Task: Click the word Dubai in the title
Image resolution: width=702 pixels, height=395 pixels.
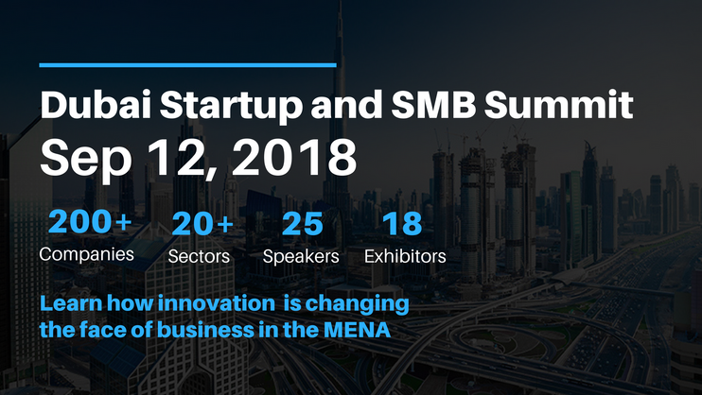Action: pos(96,104)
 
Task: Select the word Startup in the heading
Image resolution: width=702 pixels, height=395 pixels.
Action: pos(231,108)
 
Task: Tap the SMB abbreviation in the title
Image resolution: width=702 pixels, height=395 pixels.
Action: pos(433,104)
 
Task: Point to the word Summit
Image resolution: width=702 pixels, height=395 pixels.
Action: pos(558,104)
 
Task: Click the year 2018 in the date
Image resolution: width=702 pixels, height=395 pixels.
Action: pos(294,157)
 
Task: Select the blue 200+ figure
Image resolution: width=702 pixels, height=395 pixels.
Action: pos(90,221)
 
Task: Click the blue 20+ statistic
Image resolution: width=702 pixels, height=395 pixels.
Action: pos(202,223)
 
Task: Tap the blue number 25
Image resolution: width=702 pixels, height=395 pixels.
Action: pos(302,224)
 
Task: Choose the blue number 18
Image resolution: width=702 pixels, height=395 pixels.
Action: pos(402,224)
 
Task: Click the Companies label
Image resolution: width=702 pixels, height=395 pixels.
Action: pos(86,254)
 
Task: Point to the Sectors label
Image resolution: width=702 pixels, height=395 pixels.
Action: pos(199,256)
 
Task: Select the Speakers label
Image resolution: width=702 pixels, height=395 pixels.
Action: pos(301,257)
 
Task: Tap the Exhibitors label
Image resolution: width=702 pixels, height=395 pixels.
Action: pos(405,256)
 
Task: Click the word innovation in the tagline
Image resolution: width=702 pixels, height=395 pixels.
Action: pos(217,302)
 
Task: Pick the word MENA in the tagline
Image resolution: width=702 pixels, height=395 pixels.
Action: pos(357,330)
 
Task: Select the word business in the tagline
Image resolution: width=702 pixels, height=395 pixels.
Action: pos(206,330)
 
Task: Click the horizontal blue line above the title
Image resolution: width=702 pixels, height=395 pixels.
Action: pos(187,65)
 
